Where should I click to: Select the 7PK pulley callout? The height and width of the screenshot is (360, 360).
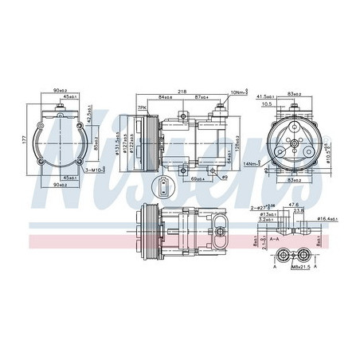click(x=143, y=107)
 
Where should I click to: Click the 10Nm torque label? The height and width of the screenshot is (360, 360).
click(x=238, y=93)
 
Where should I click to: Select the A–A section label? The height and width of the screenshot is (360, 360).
click(x=273, y=237)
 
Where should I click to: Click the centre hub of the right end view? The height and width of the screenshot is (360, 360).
click(x=294, y=143)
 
